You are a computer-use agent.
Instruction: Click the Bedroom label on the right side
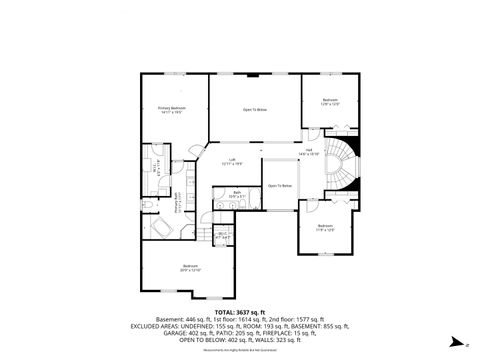(325, 227)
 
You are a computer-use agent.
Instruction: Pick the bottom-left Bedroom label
(190, 268)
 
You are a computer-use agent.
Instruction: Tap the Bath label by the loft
(238, 194)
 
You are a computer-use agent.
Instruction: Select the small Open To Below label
(279, 186)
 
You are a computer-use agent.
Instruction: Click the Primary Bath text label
(179, 204)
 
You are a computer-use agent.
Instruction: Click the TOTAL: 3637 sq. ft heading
(239, 311)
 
